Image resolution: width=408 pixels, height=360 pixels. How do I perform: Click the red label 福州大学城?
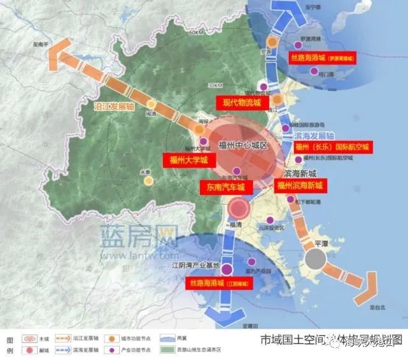tap(189, 161)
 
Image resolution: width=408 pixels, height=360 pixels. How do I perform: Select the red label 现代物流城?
tap(243, 102)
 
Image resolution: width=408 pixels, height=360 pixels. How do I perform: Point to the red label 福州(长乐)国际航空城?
tap(332, 147)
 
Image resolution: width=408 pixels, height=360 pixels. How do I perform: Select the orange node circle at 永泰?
tap(148, 181)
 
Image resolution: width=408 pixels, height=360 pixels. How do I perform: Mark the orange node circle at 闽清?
tap(151, 104)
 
